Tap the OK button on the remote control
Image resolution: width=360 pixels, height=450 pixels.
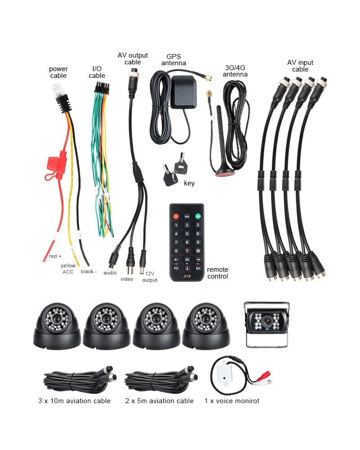[187, 260]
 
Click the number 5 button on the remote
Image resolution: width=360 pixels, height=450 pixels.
[187, 234]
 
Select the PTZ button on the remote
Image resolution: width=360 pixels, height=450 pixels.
[176, 268]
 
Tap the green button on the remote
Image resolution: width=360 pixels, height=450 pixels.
[198, 216]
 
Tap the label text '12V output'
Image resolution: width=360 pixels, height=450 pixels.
[150, 277]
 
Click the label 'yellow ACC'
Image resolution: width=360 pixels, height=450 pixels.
[68, 269]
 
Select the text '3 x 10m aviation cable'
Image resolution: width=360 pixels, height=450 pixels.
[74, 401]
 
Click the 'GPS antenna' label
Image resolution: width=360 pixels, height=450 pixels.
[173, 60]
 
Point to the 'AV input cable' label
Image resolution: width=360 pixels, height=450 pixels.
[300, 66]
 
